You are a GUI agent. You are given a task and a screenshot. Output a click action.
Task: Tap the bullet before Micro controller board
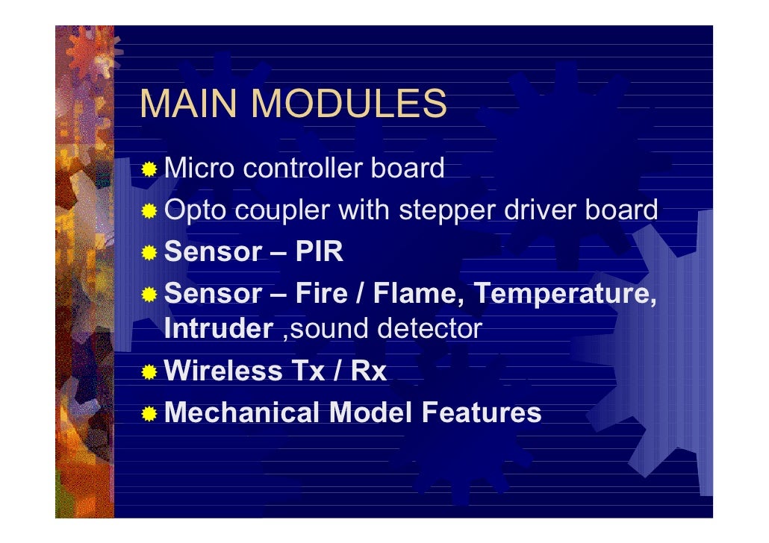point(150,169)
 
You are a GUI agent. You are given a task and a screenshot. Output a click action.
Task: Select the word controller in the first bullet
point(303,169)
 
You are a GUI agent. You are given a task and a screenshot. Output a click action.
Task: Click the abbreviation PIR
point(320,252)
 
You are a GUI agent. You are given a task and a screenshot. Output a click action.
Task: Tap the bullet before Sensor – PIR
point(150,253)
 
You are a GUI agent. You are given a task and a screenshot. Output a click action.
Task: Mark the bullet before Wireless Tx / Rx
point(150,371)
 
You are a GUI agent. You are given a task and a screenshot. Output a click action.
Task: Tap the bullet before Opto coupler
point(150,212)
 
